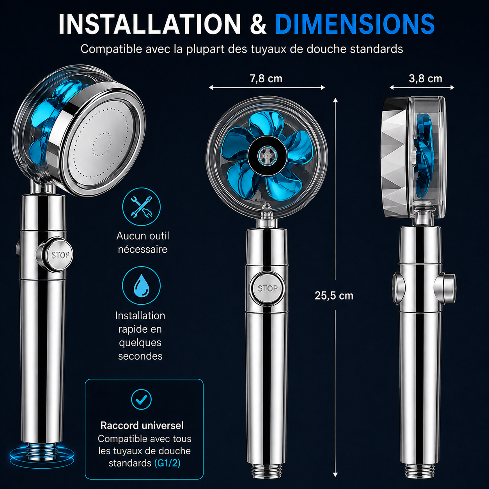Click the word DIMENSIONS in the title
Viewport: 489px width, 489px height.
355,24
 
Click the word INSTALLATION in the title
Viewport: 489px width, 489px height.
150,24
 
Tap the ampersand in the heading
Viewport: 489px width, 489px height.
258,24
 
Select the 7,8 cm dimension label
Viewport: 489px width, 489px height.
266,79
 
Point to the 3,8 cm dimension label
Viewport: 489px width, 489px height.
425,79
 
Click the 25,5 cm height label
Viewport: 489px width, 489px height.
334,296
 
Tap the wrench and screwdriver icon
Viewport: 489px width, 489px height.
141,207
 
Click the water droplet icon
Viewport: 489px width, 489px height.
141,285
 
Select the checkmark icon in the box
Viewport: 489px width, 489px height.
141,399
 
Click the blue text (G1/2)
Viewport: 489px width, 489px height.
167,463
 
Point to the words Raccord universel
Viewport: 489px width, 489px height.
142,425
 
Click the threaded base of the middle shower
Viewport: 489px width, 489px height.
267,470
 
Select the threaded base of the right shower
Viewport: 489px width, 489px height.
420,470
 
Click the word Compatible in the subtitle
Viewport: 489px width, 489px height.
112,49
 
